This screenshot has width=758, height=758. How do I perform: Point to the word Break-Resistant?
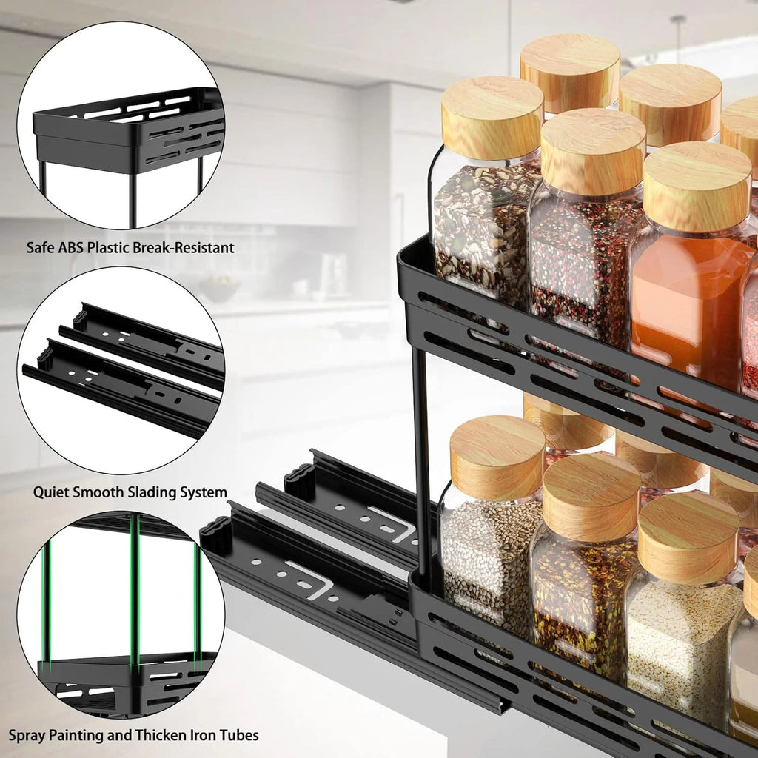(184, 247)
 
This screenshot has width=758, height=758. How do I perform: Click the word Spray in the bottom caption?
(27, 736)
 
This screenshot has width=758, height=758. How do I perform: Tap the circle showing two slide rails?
(121, 370)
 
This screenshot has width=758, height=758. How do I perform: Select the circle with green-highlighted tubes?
(121, 614)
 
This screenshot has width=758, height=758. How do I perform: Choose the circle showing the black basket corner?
(121, 125)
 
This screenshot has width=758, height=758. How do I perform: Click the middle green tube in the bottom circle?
(135, 592)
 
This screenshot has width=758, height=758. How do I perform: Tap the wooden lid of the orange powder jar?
(696, 185)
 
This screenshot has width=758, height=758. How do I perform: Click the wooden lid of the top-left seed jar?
(492, 117)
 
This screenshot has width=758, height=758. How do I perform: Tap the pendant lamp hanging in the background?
(678, 37)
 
